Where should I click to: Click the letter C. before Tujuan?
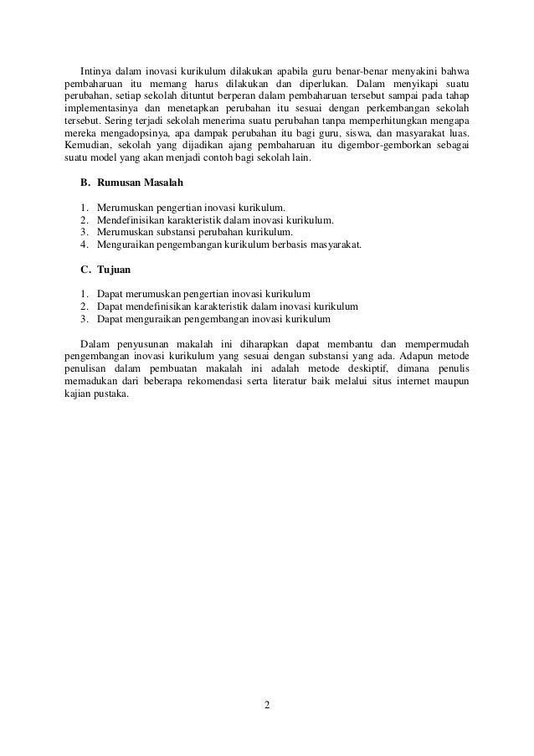point(85,270)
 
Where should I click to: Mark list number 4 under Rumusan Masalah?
point(85,245)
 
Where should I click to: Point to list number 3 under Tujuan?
point(85,319)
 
